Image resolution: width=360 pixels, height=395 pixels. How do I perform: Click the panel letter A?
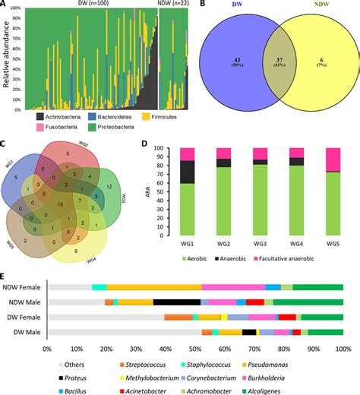pyautogui.click(x=5, y=6)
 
